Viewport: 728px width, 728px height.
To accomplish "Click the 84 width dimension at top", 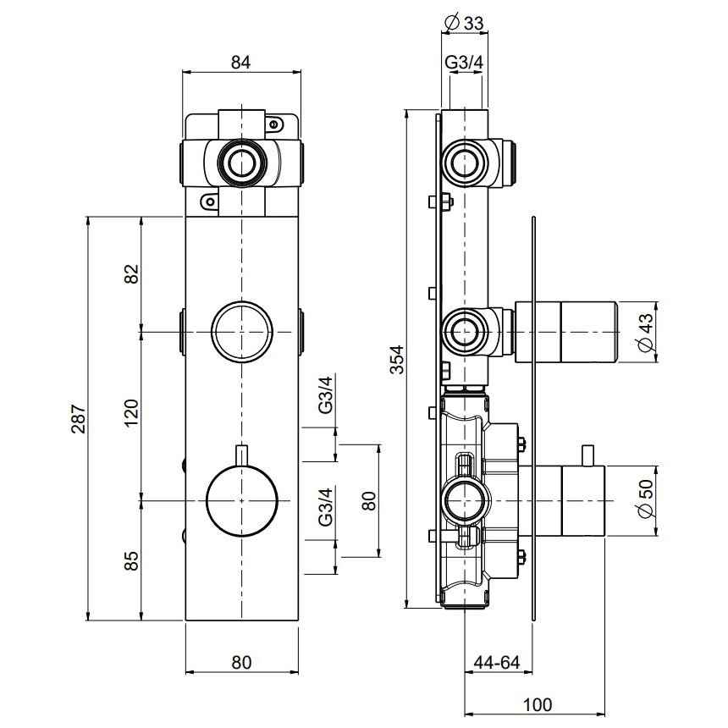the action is (x=241, y=62).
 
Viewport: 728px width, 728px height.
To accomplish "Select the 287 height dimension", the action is (x=79, y=418).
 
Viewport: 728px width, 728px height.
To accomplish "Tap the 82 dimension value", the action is (x=132, y=274).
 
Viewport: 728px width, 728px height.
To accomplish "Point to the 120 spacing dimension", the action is (x=132, y=413).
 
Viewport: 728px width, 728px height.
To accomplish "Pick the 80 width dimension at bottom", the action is (x=241, y=662).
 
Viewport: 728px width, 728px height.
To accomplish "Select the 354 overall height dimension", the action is (x=397, y=359).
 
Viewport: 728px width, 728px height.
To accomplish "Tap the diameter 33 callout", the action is (x=464, y=23).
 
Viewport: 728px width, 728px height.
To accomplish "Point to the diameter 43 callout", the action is (x=646, y=332).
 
